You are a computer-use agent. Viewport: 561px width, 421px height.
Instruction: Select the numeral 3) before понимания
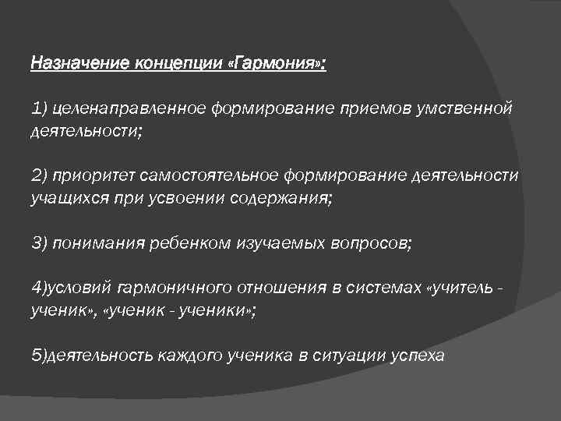40,243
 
